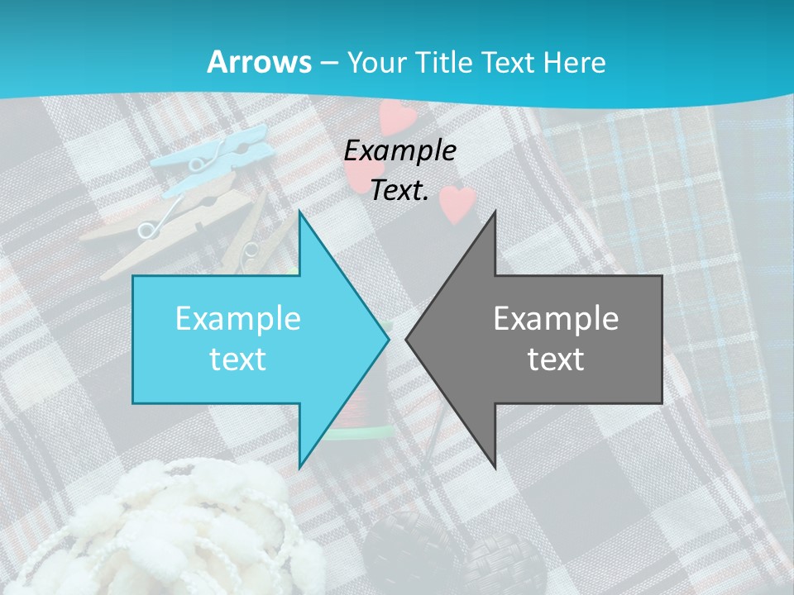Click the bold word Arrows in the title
pos(259,62)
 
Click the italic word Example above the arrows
pos(400,150)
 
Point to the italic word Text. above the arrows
pos(400,190)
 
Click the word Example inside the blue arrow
pos(238,318)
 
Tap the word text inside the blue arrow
pos(238,359)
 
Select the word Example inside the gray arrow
pos(556,318)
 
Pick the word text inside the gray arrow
pos(556,359)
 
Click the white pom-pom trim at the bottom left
pos(190,529)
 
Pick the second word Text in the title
pos(508,62)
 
